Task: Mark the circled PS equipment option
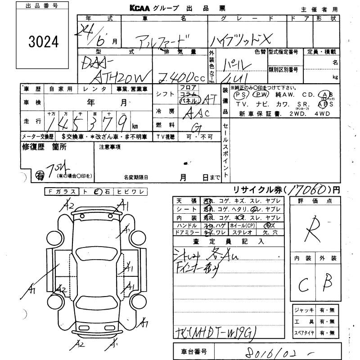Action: [240, 95]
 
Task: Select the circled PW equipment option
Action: [260, 95]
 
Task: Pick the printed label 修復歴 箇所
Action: [44, 147]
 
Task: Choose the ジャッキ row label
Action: [304, 310]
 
